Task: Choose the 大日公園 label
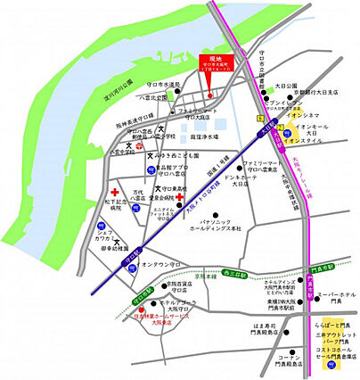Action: (285, 87)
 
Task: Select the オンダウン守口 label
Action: (152, 266)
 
